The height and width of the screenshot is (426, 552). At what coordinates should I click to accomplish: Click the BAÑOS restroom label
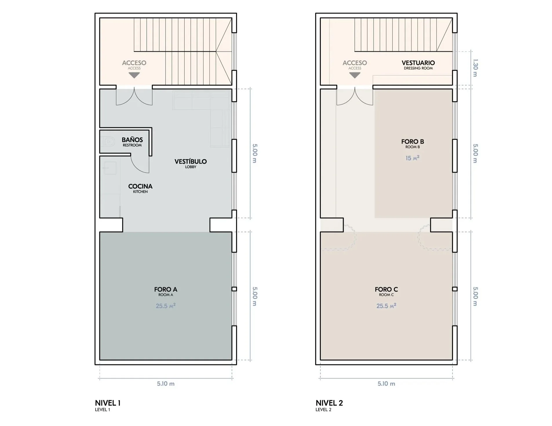132,142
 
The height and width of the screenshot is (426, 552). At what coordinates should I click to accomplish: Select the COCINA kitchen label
140,188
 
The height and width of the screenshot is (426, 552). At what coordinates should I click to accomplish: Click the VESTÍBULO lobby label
191,163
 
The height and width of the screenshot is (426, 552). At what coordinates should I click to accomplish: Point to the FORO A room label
166,291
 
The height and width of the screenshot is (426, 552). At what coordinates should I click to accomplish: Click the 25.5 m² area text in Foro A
166,306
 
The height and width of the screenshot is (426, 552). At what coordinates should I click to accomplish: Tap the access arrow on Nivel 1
134,75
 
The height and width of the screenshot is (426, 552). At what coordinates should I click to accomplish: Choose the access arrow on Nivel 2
355,75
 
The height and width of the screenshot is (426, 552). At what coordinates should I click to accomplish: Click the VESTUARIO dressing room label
418,65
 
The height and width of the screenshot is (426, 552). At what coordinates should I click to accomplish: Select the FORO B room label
413,143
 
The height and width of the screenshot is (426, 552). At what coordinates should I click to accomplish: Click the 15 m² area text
413,158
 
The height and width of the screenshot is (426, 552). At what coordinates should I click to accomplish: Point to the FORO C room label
386,291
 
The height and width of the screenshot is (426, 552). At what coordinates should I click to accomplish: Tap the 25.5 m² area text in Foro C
386,306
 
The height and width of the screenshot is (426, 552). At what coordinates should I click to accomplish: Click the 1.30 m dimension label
475,68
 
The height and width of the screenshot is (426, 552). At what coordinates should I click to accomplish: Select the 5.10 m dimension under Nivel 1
166,384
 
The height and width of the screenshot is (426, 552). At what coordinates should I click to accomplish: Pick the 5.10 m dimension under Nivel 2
386,384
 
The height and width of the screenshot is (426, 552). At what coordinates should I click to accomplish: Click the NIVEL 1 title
108,403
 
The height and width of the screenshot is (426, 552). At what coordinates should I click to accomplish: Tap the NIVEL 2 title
329,403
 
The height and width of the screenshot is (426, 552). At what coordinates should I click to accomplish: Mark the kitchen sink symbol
110,168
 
